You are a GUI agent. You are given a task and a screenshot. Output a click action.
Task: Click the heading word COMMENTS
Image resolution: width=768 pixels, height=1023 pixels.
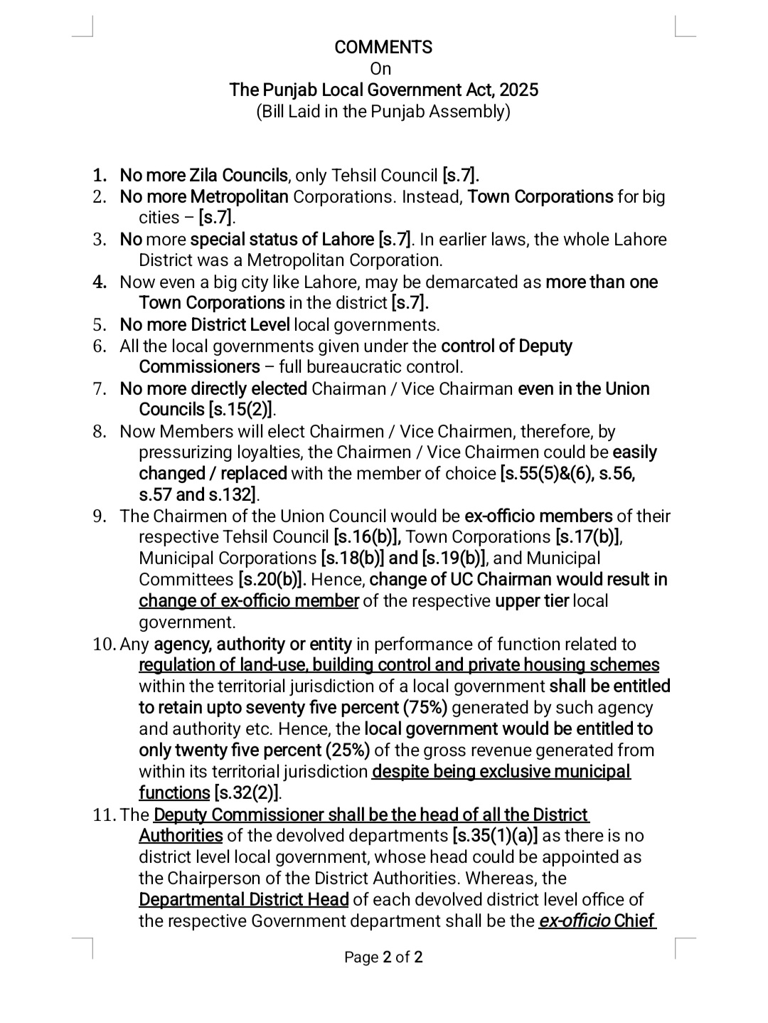tap(383, 48)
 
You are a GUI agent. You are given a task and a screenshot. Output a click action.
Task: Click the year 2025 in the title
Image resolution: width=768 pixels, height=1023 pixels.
tap(518, 90)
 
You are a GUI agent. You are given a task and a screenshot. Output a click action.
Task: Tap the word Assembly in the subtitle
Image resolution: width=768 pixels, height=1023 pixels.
tap(473, 112)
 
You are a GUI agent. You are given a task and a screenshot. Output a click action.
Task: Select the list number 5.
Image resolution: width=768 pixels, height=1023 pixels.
tap(100, 325)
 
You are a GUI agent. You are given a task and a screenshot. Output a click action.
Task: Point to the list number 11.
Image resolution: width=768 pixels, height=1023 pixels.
tap(104, 815)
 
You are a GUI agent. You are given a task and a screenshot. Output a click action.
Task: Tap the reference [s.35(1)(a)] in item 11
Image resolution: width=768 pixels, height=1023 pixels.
tap(495, 835)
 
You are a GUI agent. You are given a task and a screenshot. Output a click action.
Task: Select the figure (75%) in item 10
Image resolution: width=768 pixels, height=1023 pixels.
tap(425, 707)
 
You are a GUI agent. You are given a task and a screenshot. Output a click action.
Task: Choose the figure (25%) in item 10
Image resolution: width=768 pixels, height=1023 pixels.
tap(347, 750)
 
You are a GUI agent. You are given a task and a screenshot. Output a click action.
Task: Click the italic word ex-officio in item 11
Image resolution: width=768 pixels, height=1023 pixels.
tap(574, 921)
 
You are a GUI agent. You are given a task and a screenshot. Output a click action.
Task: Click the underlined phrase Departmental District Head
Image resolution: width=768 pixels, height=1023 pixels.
tap(244, 899)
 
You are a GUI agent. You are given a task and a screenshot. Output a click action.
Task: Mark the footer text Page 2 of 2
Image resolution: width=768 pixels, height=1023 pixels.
tap(383, 957)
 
